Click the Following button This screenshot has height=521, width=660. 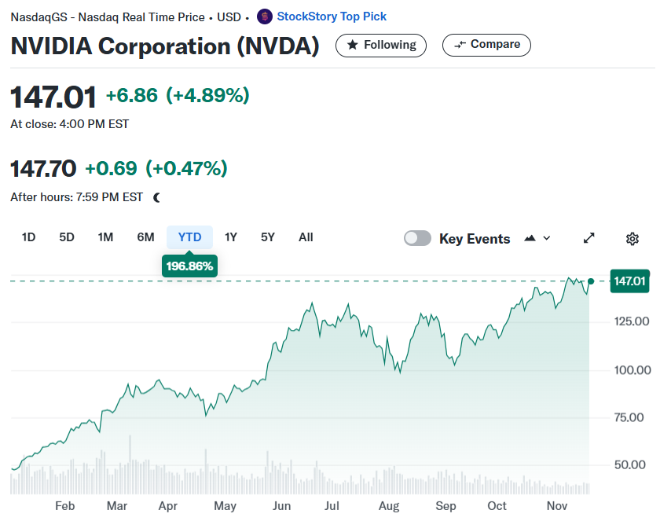click(x=380, y=45)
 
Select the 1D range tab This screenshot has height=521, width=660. click(x=28, y=237)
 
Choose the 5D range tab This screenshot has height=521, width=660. click(x=67, y=237)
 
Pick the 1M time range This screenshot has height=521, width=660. click(x=105, y=237)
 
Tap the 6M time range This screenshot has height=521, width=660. click(x=145, y=237)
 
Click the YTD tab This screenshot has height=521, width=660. click(x=189, y=237)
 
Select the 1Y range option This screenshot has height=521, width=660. click(x=231, y=237)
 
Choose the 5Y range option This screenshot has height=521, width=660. click(x=268, y=237)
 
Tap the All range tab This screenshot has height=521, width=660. click(x=306, y=237)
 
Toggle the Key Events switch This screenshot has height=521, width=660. click(x=417, y=238)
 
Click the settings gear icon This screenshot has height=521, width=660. click(x=632, y=239)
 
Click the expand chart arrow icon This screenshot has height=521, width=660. click(x=588, y=238)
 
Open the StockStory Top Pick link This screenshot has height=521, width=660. click(x=332, y=17)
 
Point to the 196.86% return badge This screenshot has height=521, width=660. click(x=189, y=266)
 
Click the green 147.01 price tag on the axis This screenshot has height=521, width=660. click(x=629, y=281)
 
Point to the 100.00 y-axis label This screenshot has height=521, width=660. click(x=632, y=370)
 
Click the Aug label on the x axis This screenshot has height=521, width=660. click(x=388, y=506)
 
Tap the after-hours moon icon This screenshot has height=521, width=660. click(x=156, y=197)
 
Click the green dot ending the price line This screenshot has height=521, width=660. click(x=591, y=281)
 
